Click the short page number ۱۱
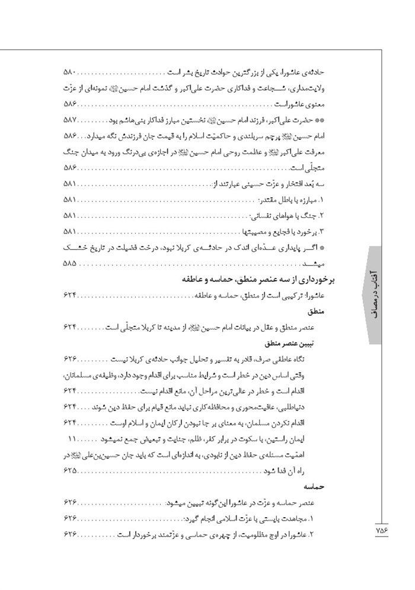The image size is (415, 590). click(74, 440)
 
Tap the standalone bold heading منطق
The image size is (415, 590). click(338, 312)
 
